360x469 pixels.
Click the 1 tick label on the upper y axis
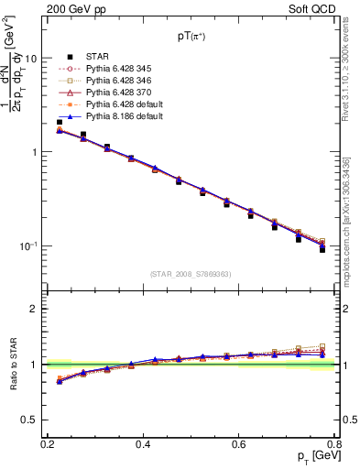[35, 152]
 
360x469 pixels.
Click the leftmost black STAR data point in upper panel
[60, 122]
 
